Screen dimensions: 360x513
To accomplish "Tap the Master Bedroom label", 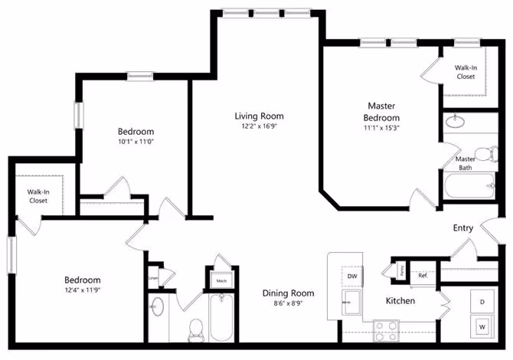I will (382, 112).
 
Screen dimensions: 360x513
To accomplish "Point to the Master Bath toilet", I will (483, 152).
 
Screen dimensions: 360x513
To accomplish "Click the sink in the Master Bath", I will (457, 120).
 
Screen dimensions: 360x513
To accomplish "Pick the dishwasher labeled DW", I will (352, 276).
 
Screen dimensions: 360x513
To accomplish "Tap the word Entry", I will (462, 228).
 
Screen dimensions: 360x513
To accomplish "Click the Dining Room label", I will (288, 293).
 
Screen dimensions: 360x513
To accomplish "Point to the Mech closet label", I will (221, 281).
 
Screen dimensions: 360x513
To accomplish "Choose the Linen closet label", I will (153, 277).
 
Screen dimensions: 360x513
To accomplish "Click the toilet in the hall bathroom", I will (195, 328).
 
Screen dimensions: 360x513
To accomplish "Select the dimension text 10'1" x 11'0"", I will (135, 141).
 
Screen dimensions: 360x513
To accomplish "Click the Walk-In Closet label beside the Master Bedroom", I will (465, 72).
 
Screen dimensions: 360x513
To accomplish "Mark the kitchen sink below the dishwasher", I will (352, 300).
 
